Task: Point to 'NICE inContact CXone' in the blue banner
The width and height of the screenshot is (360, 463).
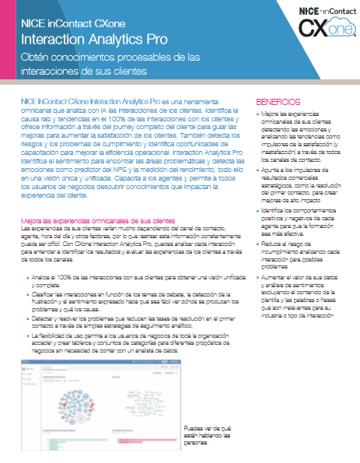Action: click(74, 23)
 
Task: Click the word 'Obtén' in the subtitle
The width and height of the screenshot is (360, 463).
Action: click(36, 58)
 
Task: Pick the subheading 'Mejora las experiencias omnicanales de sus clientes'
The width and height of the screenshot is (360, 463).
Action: click(98, 222)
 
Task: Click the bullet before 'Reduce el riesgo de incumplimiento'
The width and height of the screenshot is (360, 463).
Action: click(260, 244)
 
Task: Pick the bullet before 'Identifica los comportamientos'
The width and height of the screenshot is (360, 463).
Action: click(260, 211)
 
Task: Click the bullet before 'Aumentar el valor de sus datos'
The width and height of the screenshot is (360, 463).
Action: click(260, 276)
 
